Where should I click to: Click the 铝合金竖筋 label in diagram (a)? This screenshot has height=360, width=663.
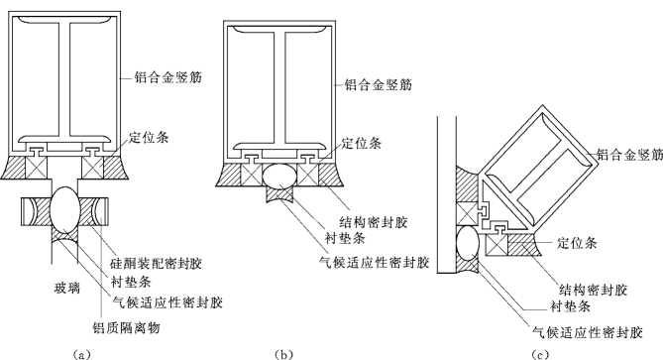tap(167, 77)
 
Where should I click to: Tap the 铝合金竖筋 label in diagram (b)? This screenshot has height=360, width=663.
tap(378, 84)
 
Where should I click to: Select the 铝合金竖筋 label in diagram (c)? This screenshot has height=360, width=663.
tap(629, 155)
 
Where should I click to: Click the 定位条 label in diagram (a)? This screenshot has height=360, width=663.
tap(149, 138)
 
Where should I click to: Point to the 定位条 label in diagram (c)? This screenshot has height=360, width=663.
tap(577, 242)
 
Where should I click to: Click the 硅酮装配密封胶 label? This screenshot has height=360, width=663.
tap(156, 263)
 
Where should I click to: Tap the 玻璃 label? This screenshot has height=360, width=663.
tap(67, 289)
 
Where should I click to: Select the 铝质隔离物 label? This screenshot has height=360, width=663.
tap(126, 327)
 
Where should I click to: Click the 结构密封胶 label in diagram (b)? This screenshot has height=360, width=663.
tap(374, 222)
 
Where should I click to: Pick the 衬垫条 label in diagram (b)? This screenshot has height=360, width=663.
tap(345, 238)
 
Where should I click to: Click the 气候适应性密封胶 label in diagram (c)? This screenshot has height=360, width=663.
tap(588, 332)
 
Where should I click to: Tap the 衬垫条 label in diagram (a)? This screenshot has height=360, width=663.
tap(131, 282)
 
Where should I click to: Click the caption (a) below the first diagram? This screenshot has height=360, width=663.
tap(81, 354)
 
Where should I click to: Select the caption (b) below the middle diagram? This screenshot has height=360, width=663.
tap(283, 354)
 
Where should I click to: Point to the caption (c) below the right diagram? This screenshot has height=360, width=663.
tap(540, 354)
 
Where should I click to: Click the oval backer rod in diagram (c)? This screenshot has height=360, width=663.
tap(468, 243)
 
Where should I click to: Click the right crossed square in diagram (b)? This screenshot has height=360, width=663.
tap(308, 175)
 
